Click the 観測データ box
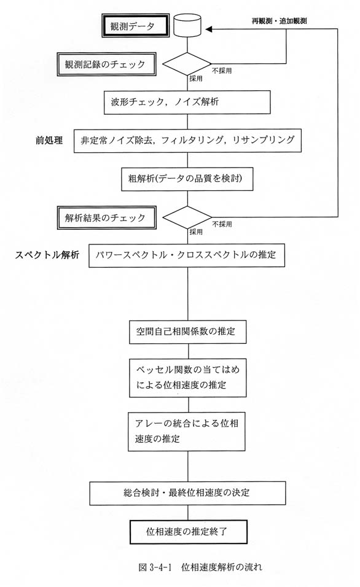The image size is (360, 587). tap(135, 26)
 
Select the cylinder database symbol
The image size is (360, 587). tap(187, 25)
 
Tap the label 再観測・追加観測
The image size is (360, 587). tap(279, 21)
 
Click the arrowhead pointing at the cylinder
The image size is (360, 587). tap(209, 29)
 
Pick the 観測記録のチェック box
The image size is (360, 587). tap(106, 64)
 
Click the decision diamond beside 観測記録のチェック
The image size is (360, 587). tap(187, 64)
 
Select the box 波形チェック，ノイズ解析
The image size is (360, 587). tap(187, 102)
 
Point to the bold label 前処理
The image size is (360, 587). tap(49, 141)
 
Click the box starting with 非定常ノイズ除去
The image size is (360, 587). tap(187, 141)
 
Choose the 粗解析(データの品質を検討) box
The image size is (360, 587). tap(187, 179)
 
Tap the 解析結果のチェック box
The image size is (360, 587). tap(106, 217)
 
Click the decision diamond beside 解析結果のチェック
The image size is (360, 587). tap(187, 217)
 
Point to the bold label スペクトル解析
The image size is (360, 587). tap(47, 255)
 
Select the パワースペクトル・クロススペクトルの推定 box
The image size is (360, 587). tap(187, 255)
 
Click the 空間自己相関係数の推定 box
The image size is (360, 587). tap(188, 332)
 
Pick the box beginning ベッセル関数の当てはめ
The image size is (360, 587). tap(188, 378)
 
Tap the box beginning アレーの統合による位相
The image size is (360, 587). tap(187, 431)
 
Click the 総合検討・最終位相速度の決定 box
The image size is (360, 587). tap(187, 493)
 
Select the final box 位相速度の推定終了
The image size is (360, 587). tap(189, 532)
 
